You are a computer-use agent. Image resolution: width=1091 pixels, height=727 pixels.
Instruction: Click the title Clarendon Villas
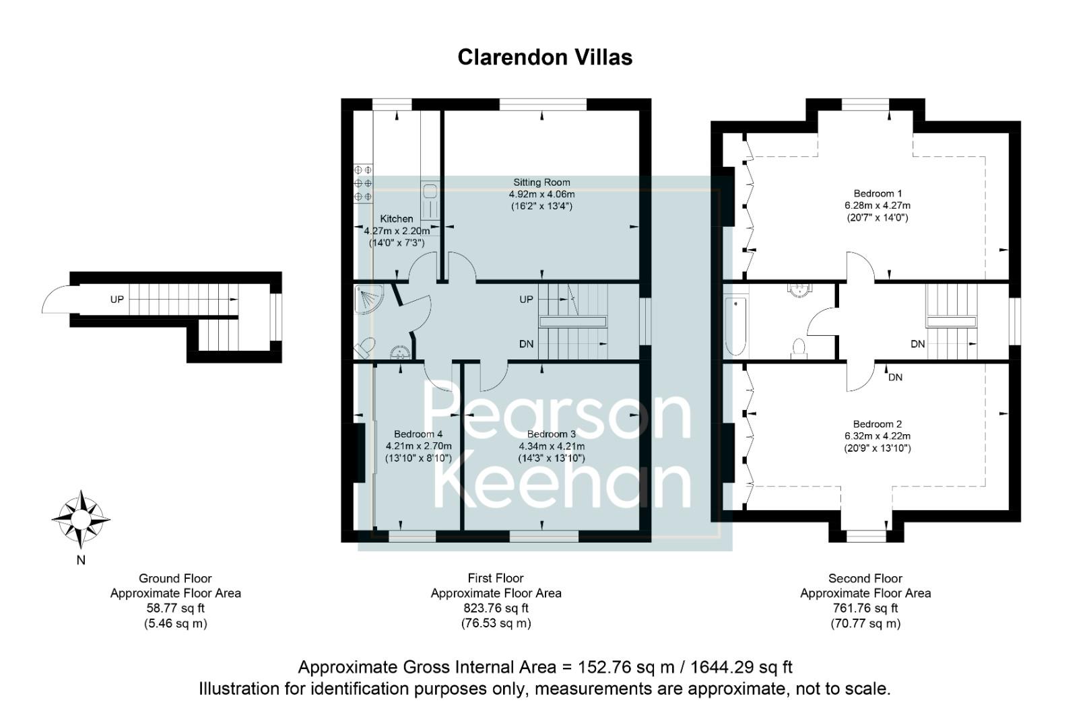coord(545,57)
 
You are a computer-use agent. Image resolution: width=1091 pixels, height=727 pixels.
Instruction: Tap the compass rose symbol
coord(81,519)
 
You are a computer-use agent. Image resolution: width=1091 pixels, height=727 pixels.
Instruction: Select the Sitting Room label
coord(541,182)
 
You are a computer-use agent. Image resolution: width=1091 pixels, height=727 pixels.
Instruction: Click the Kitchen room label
coord(397,219)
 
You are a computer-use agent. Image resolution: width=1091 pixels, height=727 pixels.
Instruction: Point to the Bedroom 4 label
coord(418,434)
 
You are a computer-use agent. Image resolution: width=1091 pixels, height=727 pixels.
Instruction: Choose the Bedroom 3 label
coord(551,434)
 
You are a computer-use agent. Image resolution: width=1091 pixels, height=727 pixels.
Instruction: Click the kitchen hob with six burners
coord(363,183)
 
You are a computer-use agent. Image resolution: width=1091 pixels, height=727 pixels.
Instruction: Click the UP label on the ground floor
coord(117,299)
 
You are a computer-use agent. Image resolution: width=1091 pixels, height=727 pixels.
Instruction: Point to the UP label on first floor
coord(526,299)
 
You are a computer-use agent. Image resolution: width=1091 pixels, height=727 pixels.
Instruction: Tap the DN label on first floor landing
coord(526,344)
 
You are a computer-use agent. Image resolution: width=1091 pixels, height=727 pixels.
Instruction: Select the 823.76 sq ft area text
coord(496,608)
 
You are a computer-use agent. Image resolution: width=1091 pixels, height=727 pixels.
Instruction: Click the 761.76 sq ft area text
coord(865,608)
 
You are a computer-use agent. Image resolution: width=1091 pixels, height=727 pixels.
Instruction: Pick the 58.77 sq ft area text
coord(175,608)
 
